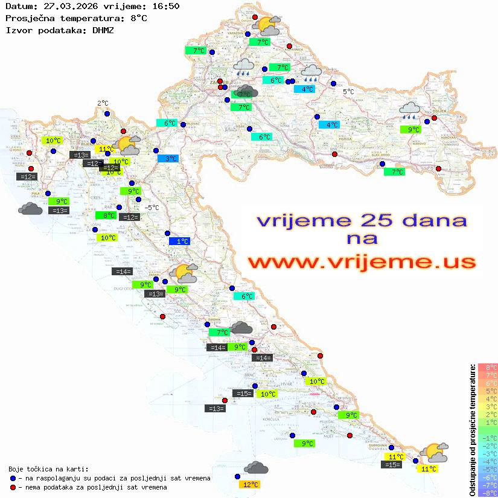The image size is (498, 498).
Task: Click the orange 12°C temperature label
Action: point(251,484)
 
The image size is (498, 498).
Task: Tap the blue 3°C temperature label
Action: point(168,158)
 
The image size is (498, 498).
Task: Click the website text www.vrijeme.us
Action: point(362,262)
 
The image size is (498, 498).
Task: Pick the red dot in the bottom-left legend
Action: point(13,487)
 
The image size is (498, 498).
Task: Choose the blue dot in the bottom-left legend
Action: point(13,477)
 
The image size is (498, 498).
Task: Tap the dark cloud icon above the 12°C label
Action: point(257,468)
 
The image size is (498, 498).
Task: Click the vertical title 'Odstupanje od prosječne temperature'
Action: point(472,430)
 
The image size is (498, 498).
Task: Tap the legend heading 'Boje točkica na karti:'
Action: point(48,468)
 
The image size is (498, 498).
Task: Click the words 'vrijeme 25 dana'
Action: point(362,220)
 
